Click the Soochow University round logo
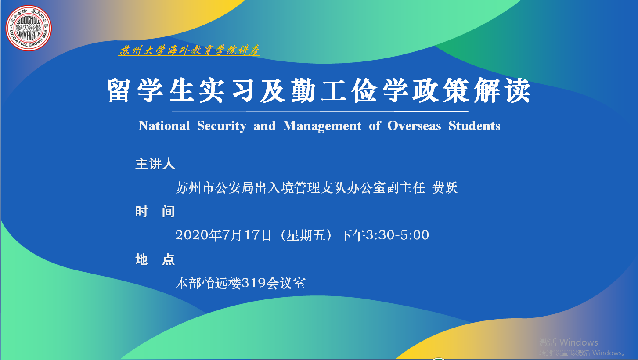(x=29, y=28)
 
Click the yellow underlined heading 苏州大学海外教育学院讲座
(x=189, y=50)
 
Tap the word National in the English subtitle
(x=164, y=126)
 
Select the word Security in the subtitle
(x=222, y=126)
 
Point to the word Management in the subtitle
(x=322, y=126)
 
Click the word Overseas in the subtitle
(x=414, y=126)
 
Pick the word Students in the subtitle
(x=474, y=126)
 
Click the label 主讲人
(x=155, y=164)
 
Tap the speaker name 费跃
(x=445, y=188)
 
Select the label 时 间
(x=155, y=211)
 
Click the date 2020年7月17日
(x=223, y=235)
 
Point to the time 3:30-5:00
(x=397, y=235)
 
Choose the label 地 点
(x=155, y=259)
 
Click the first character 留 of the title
(x=119, y=90)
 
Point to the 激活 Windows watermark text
(x=569, y=342)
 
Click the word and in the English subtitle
(x=264, y=126)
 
